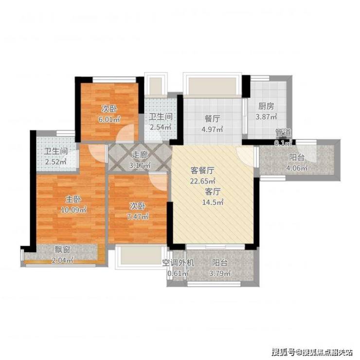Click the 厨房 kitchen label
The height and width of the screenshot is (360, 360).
[x=266, y=107]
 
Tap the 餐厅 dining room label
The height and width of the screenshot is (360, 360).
[x=213, y=119]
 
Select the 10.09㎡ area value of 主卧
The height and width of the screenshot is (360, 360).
[x=73, y=210]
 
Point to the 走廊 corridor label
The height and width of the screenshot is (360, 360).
[x=140, y=155]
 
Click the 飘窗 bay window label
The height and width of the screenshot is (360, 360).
[x=62, y=250]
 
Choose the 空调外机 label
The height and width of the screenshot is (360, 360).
[x=179, y=263]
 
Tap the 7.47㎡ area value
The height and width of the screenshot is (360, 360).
[x=138, y=217]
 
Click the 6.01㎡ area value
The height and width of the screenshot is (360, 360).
[x=110, y=119]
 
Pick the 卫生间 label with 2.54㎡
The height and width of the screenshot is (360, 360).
[x=161, y=117]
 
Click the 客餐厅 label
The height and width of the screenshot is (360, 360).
[x=202, y=171]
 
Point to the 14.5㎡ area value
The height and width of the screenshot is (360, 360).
[x=213, y=202]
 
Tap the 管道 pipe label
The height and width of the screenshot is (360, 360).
[x=283, y=133]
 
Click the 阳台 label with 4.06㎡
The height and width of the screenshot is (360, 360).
[x=297, y=158]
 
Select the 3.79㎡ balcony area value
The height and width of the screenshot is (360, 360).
[x=220, y=273]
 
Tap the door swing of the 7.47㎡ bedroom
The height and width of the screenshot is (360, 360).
[x=158, y=181]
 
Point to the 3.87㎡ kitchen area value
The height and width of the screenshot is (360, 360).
[x=267, y=117]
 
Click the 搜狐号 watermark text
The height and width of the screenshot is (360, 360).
[x=283, y=351]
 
